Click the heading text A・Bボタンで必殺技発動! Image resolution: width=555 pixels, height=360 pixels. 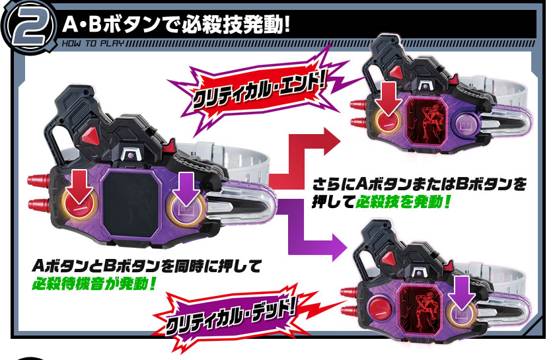pos(176,26)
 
